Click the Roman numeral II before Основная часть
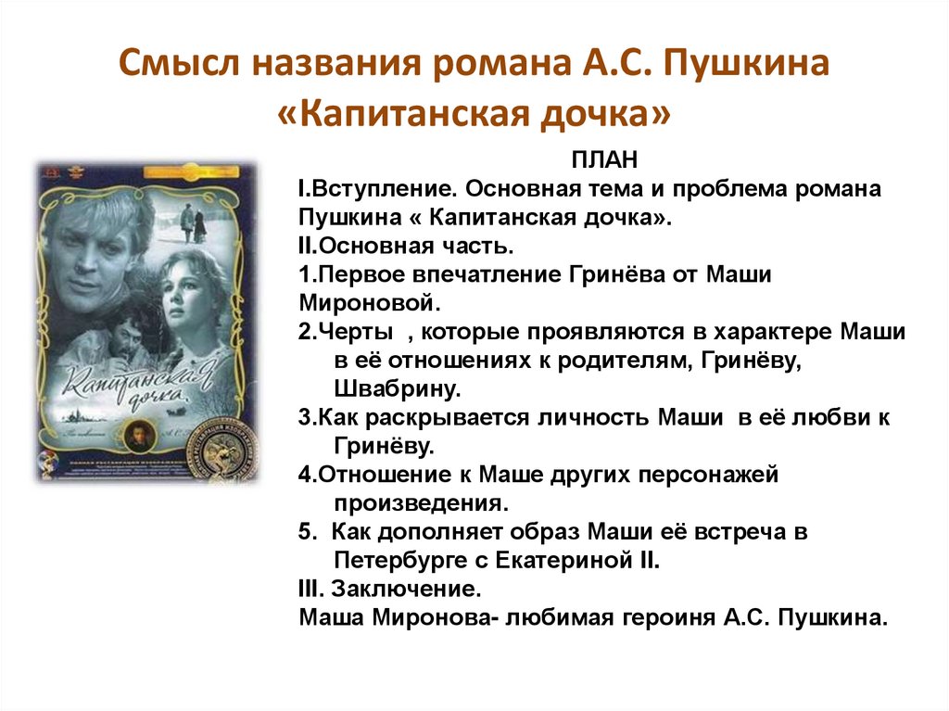pos(306,246)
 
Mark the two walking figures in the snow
pos(193,223)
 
